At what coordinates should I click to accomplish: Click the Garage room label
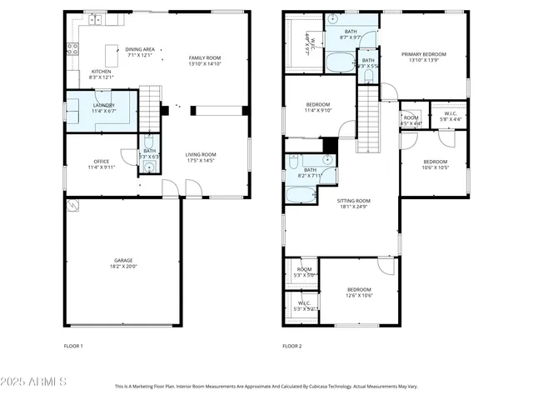[x=122, y=263]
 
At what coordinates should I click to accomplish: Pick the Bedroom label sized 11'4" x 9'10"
[x=318, y=107]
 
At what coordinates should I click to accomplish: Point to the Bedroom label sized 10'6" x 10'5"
[x=435, y=164]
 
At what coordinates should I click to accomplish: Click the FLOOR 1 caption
[x=74, y=346]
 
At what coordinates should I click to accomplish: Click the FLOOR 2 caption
[x=291, y=346]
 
